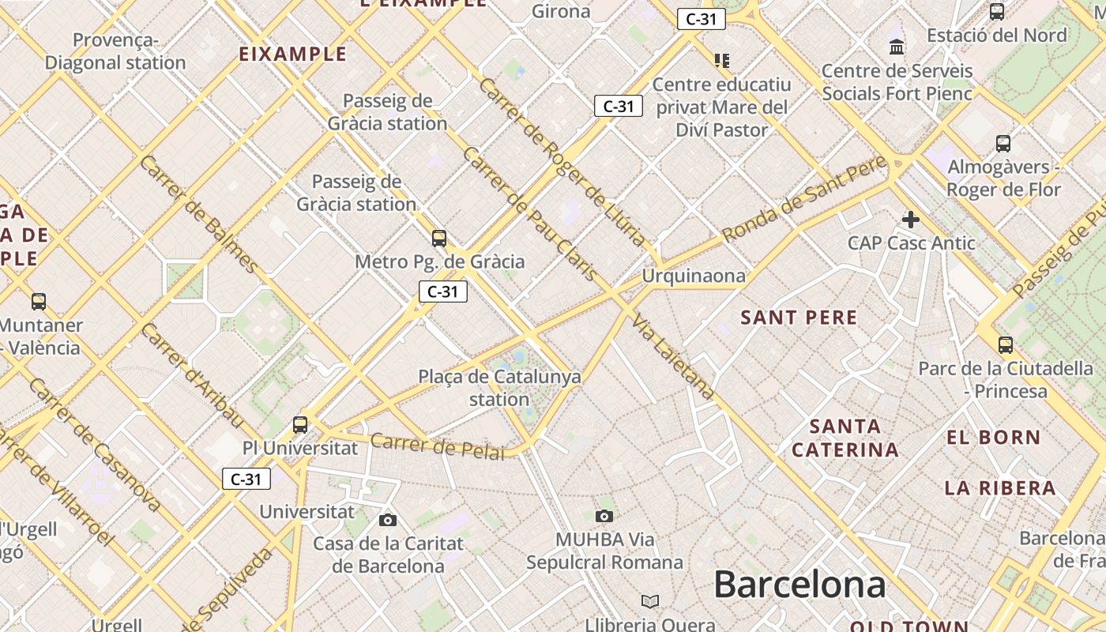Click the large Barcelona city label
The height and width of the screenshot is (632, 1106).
(799, 585)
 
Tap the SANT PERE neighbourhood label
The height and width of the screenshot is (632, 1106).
(799, 318)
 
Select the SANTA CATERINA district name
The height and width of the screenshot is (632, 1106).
(845, 438)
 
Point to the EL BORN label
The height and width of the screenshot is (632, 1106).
(994, 437)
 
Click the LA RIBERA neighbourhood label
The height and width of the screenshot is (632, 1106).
(1000, 487)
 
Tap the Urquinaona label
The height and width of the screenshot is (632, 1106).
(694, 276)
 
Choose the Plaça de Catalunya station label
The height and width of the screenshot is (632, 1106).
(499, 388)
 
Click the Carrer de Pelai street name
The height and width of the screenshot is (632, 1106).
(437, 446)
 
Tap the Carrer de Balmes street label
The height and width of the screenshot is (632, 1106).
(198, 213)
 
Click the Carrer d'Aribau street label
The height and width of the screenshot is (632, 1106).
(192, 373)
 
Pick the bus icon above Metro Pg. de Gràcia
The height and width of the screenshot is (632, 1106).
(439, 238)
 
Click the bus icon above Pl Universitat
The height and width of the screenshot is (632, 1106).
(300, 424)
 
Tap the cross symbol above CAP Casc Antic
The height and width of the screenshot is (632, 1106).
(911, 219)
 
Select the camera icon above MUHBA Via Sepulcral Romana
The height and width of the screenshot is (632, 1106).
(604, 516)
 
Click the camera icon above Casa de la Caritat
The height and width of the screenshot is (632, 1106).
(388, 519)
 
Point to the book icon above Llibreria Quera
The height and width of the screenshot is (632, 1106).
(650, 601)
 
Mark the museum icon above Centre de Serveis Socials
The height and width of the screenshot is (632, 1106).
(897, 47)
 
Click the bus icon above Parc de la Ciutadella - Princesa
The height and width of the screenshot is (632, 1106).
(1006, 344)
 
